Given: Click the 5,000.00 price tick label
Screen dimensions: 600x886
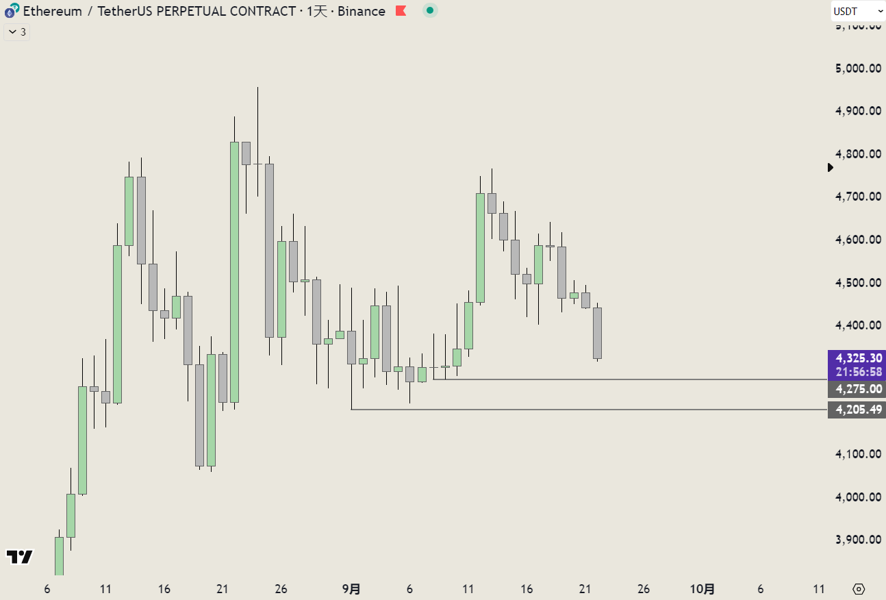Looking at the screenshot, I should point(858,68).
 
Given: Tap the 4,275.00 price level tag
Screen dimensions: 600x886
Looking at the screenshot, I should point(857,389).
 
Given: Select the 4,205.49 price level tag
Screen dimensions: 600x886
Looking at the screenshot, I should point(857,410).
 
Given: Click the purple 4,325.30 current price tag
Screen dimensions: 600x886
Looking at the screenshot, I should point(857,358).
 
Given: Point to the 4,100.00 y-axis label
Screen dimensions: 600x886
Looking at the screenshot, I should point(858,453).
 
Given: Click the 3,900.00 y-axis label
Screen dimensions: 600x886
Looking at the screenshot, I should point(858,539).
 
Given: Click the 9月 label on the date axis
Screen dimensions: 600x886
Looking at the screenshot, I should point(351,589).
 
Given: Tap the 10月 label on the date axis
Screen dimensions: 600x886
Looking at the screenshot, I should point(702,589).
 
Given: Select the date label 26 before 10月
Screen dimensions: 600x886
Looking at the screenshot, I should point(643,589).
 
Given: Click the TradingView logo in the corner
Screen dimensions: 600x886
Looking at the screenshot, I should point(20,556).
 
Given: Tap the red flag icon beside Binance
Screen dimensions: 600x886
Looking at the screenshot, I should point(401,11).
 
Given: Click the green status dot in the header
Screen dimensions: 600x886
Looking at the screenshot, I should point(429,10).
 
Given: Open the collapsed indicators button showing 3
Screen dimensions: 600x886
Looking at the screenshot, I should point(16,32).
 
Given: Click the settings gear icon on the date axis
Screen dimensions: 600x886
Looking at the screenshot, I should point(859,589).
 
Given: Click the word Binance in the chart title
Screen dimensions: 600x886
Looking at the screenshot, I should point(362,11).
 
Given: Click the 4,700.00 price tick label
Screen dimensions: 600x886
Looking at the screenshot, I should point(858,197).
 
